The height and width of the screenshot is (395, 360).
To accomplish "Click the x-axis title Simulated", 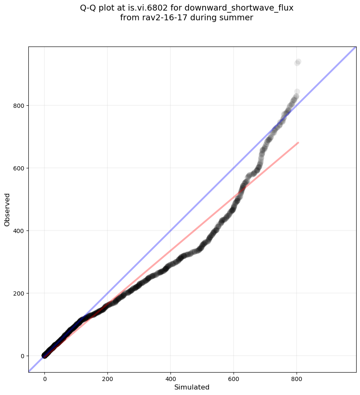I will click(x=192, y=387).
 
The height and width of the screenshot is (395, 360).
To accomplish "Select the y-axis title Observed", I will click(x=7, y=209).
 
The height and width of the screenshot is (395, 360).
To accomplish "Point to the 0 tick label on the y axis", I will click(x=23, y=356).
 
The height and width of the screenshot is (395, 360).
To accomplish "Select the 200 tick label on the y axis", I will click(x=20, y=293).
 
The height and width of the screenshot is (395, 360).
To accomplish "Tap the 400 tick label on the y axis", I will click(x=20, y=230).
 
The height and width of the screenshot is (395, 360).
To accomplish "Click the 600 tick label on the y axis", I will click(x=20, y=168).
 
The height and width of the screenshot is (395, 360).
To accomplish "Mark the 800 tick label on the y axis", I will click(x=20, y=105).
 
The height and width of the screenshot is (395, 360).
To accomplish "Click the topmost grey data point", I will click(x=298, y=62).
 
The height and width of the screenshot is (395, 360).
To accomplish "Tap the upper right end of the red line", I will click(x=298, y=143).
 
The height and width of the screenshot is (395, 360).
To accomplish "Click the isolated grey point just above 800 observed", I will click(x=297, y=91).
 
